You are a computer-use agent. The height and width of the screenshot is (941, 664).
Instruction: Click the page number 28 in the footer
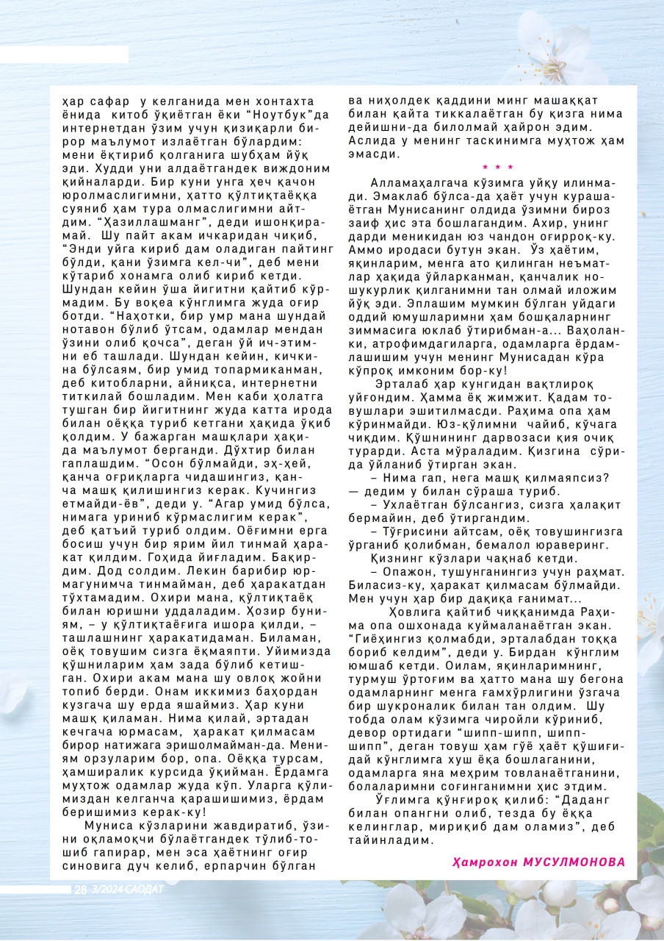[x=80, y=890]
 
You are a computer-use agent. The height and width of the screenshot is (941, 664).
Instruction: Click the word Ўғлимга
[x=402, y=798]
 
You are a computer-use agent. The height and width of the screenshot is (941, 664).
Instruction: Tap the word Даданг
[x=582, y=798]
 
